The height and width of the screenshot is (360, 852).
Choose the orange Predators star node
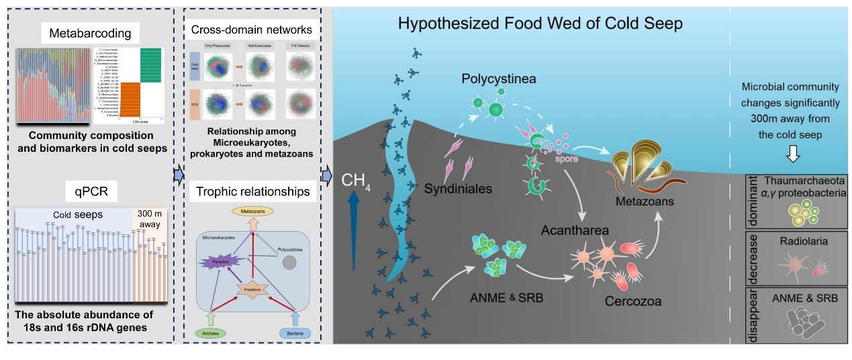252,289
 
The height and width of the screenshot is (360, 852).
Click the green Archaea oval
211,331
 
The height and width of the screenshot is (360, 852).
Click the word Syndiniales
459,189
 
